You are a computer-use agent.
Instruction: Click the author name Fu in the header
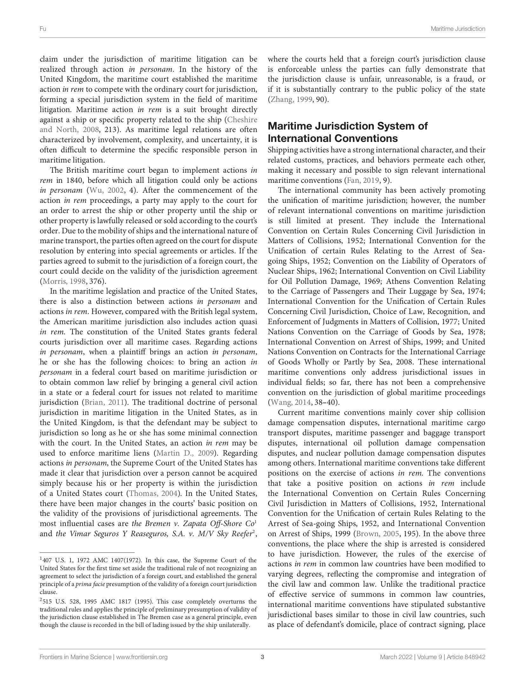point(43,29)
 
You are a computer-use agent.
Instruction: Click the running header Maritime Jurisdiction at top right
point(458,29)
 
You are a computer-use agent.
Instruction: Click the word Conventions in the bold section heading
point(364,138)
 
